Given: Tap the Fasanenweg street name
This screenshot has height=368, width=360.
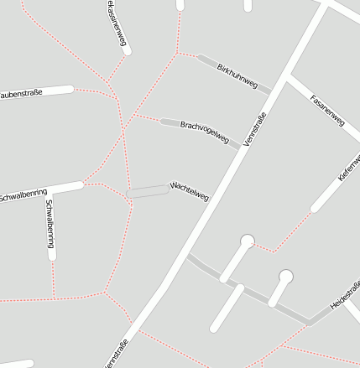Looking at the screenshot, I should click(327, 110).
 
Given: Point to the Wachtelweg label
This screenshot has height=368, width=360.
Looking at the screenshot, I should click(189, 192).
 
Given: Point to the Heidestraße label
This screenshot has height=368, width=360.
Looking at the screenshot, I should click(345, 297).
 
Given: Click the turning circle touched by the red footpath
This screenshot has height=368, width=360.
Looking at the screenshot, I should click(248, 241).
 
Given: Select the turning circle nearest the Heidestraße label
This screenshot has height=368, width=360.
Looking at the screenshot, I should click(286, 276).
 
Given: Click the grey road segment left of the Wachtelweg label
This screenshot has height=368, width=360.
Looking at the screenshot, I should click(148, 191).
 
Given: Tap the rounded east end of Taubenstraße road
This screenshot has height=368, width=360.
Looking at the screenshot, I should click(70, 89).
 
